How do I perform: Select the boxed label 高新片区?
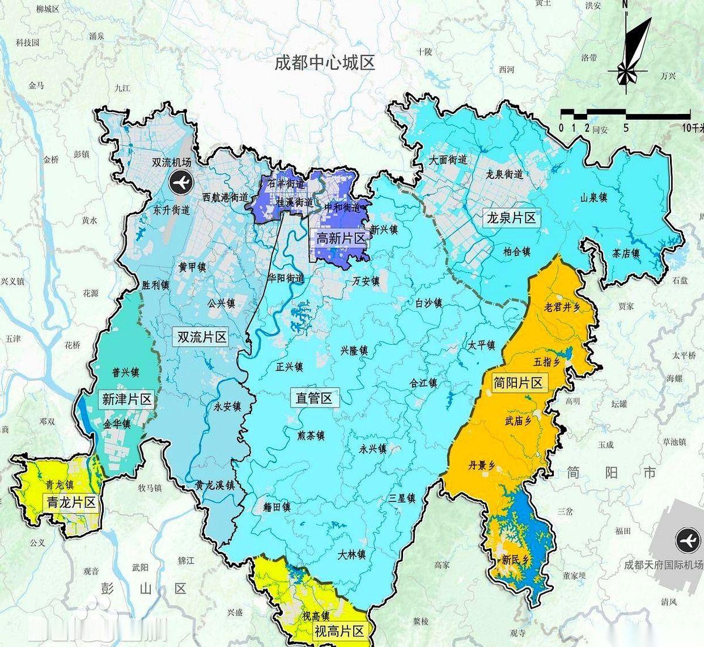tap(341, 238)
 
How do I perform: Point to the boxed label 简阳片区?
tap(518, 383)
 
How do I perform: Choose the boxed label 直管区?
tap(314, 399)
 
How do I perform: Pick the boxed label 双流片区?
tap(202, 337)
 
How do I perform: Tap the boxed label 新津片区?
tap(127, 400)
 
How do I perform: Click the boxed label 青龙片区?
tap(71, 502)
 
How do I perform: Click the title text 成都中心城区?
tap(324, 62)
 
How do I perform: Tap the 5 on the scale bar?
tap(626, 128)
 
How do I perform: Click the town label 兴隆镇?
tap(354, 351)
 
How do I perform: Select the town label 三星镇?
tap(402, 498)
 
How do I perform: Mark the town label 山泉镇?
tap(594, 198)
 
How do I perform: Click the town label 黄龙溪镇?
tap(215, 486)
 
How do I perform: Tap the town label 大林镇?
tap(352, 554)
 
